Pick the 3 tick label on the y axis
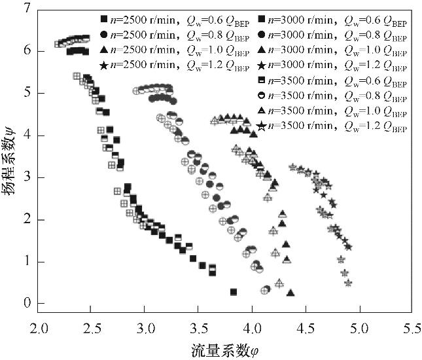point(26,177)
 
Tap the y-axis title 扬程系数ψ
point(9,157)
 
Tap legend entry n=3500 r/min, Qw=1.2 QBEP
point(328,126)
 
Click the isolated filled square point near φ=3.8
point(234,292)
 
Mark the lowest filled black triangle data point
point(290,293)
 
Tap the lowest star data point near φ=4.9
point(349,283)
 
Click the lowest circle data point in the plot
point(264,291)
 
